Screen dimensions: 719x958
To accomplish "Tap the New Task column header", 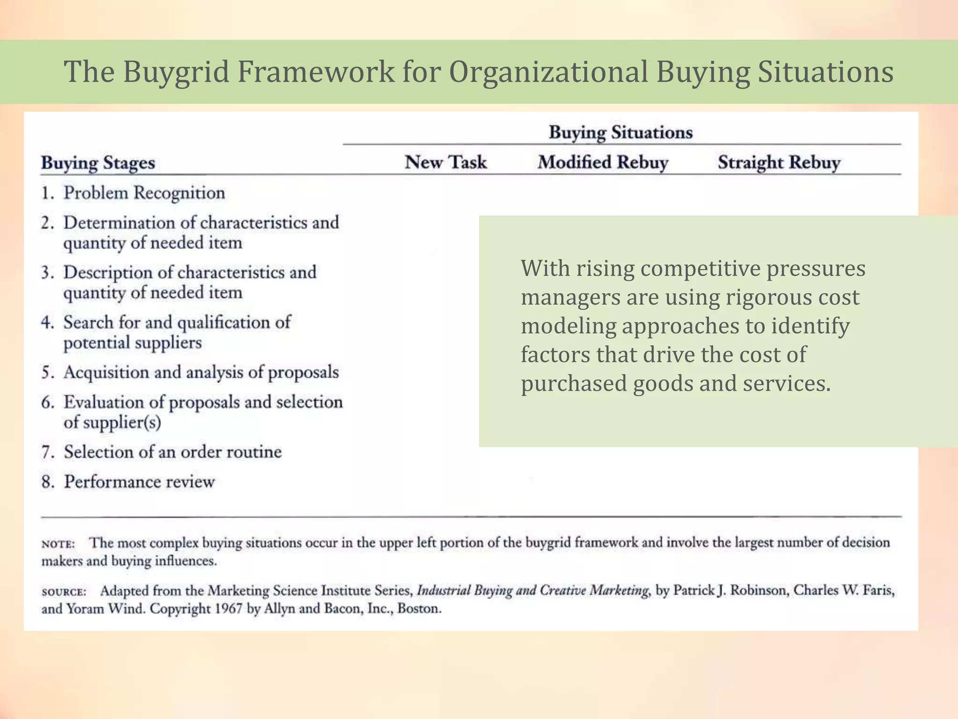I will click(445, 162).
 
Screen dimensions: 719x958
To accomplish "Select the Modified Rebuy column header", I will click(602, 162).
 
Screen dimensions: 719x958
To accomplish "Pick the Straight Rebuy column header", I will click(779, 162).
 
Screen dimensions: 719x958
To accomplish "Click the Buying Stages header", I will click(98, 163).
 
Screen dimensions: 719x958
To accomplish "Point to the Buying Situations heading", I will click(620, 132).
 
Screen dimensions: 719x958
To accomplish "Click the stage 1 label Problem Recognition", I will click(144, 193).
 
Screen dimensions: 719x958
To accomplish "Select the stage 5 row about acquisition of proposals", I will click(201, 372).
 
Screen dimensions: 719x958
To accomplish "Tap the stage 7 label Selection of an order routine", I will click(173, 452).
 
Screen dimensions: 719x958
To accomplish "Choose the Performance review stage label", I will click(139, 482).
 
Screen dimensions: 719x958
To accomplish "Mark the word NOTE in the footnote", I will click(58, 544).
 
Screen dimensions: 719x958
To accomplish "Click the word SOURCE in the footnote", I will click(64, 592).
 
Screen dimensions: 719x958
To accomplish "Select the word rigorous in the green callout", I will click(770, 297).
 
